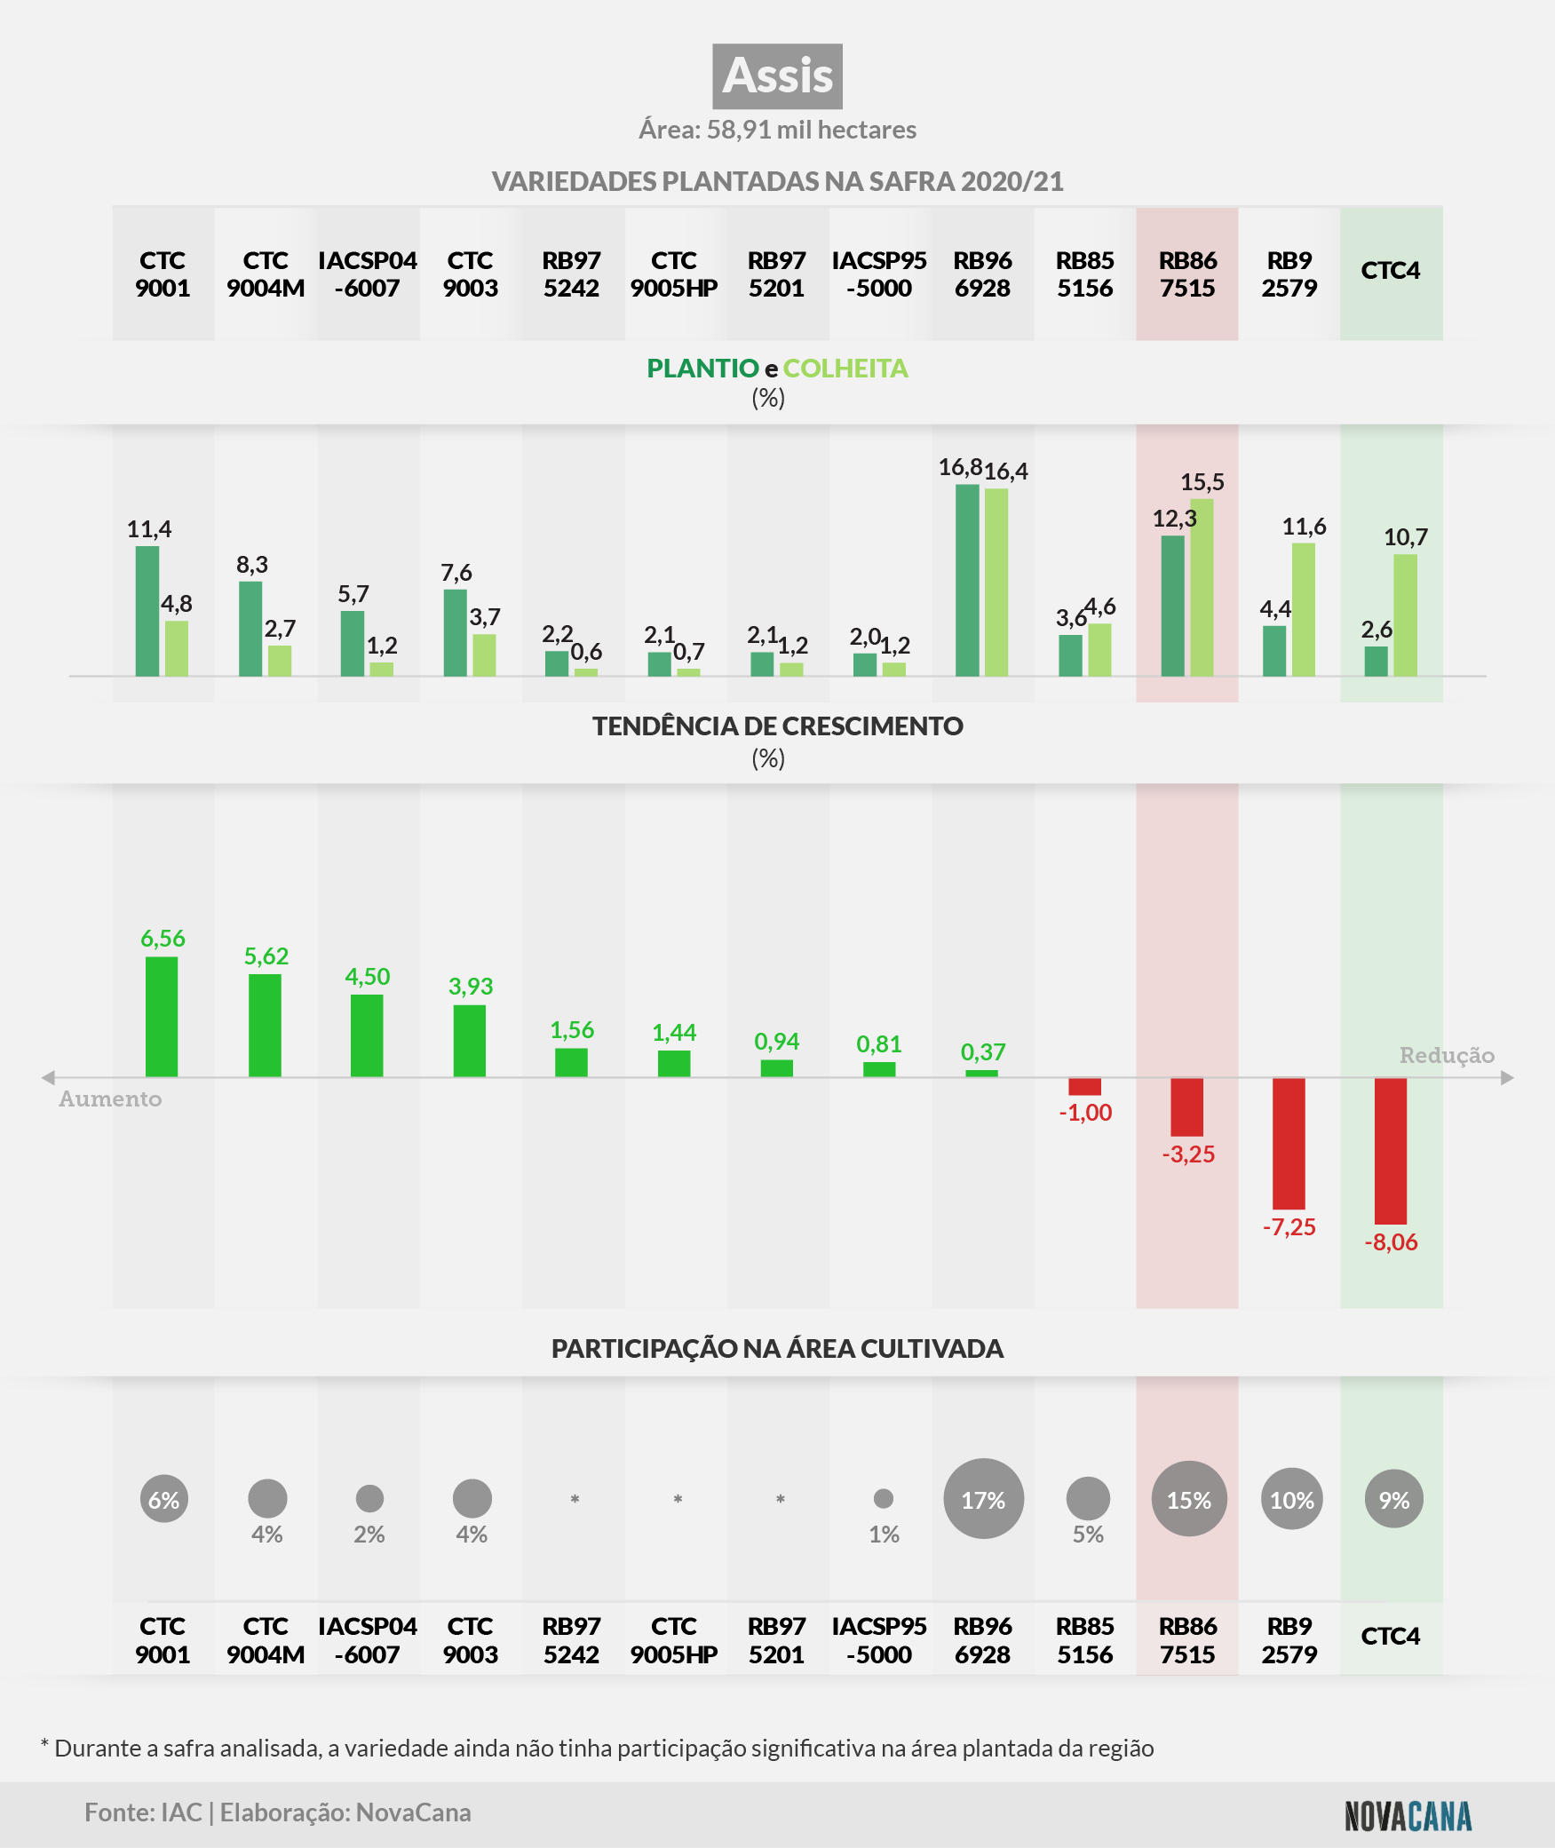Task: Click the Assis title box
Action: click(x=777, y=76)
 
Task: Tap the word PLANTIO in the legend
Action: click(x=702, y=369)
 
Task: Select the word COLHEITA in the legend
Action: click(x=845, y=369)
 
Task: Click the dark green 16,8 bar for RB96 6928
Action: click(x=967, y=580)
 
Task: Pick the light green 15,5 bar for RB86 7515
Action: click(x=1202, y=587)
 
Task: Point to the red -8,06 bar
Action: click(x=1391, y=1151)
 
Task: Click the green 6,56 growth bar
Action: click(x=162, y=1017)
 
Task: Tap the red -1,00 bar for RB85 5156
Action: click(x=1084, y=1086)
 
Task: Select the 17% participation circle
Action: click(x=983, y=1499)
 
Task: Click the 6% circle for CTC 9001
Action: click(x=164, y=1499)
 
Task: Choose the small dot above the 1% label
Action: click(x=884, y=1498)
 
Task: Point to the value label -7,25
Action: click(x=1289, y=1227)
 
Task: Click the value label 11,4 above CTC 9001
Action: click(x=149, y=529)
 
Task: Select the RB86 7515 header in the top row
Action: click(x=1187, y=274)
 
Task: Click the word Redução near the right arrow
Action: click(x=1447, y=1055)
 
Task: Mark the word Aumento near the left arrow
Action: click(x=110, y=1099)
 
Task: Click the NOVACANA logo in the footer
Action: click(x=1408, y=1816)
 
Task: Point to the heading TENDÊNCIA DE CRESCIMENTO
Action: click(x=777, y=726)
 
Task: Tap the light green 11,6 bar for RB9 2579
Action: click(x=1304, y=609)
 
